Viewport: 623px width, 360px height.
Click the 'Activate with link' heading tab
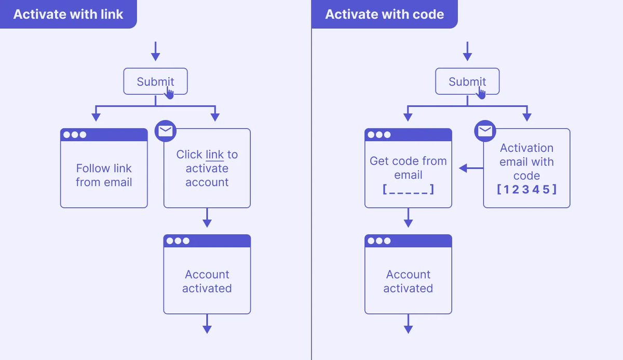point(68,14)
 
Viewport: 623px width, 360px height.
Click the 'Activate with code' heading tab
point(384,14)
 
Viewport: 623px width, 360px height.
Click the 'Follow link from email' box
point(104,175)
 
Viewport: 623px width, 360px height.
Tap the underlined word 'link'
point(214,155)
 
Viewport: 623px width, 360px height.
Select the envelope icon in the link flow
point(166,131)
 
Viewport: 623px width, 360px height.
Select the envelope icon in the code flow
point(485,131)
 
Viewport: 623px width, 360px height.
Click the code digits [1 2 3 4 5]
point(526,190)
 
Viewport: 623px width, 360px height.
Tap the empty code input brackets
point(408,190)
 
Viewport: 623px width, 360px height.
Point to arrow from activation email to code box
point(470,168)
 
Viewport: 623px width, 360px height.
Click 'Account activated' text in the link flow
point(207,281)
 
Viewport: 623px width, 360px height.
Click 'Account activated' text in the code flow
point(408,281)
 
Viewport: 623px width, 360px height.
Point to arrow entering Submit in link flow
point(155,51)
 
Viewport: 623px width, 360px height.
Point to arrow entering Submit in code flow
point(467,51)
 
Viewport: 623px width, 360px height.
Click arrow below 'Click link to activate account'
point(207,218)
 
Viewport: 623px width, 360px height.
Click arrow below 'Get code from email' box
point(408,218)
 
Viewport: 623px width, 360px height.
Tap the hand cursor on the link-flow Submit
point(169,93)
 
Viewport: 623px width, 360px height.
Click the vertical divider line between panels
point(311,208)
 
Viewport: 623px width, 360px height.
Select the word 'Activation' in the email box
point(526,148)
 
